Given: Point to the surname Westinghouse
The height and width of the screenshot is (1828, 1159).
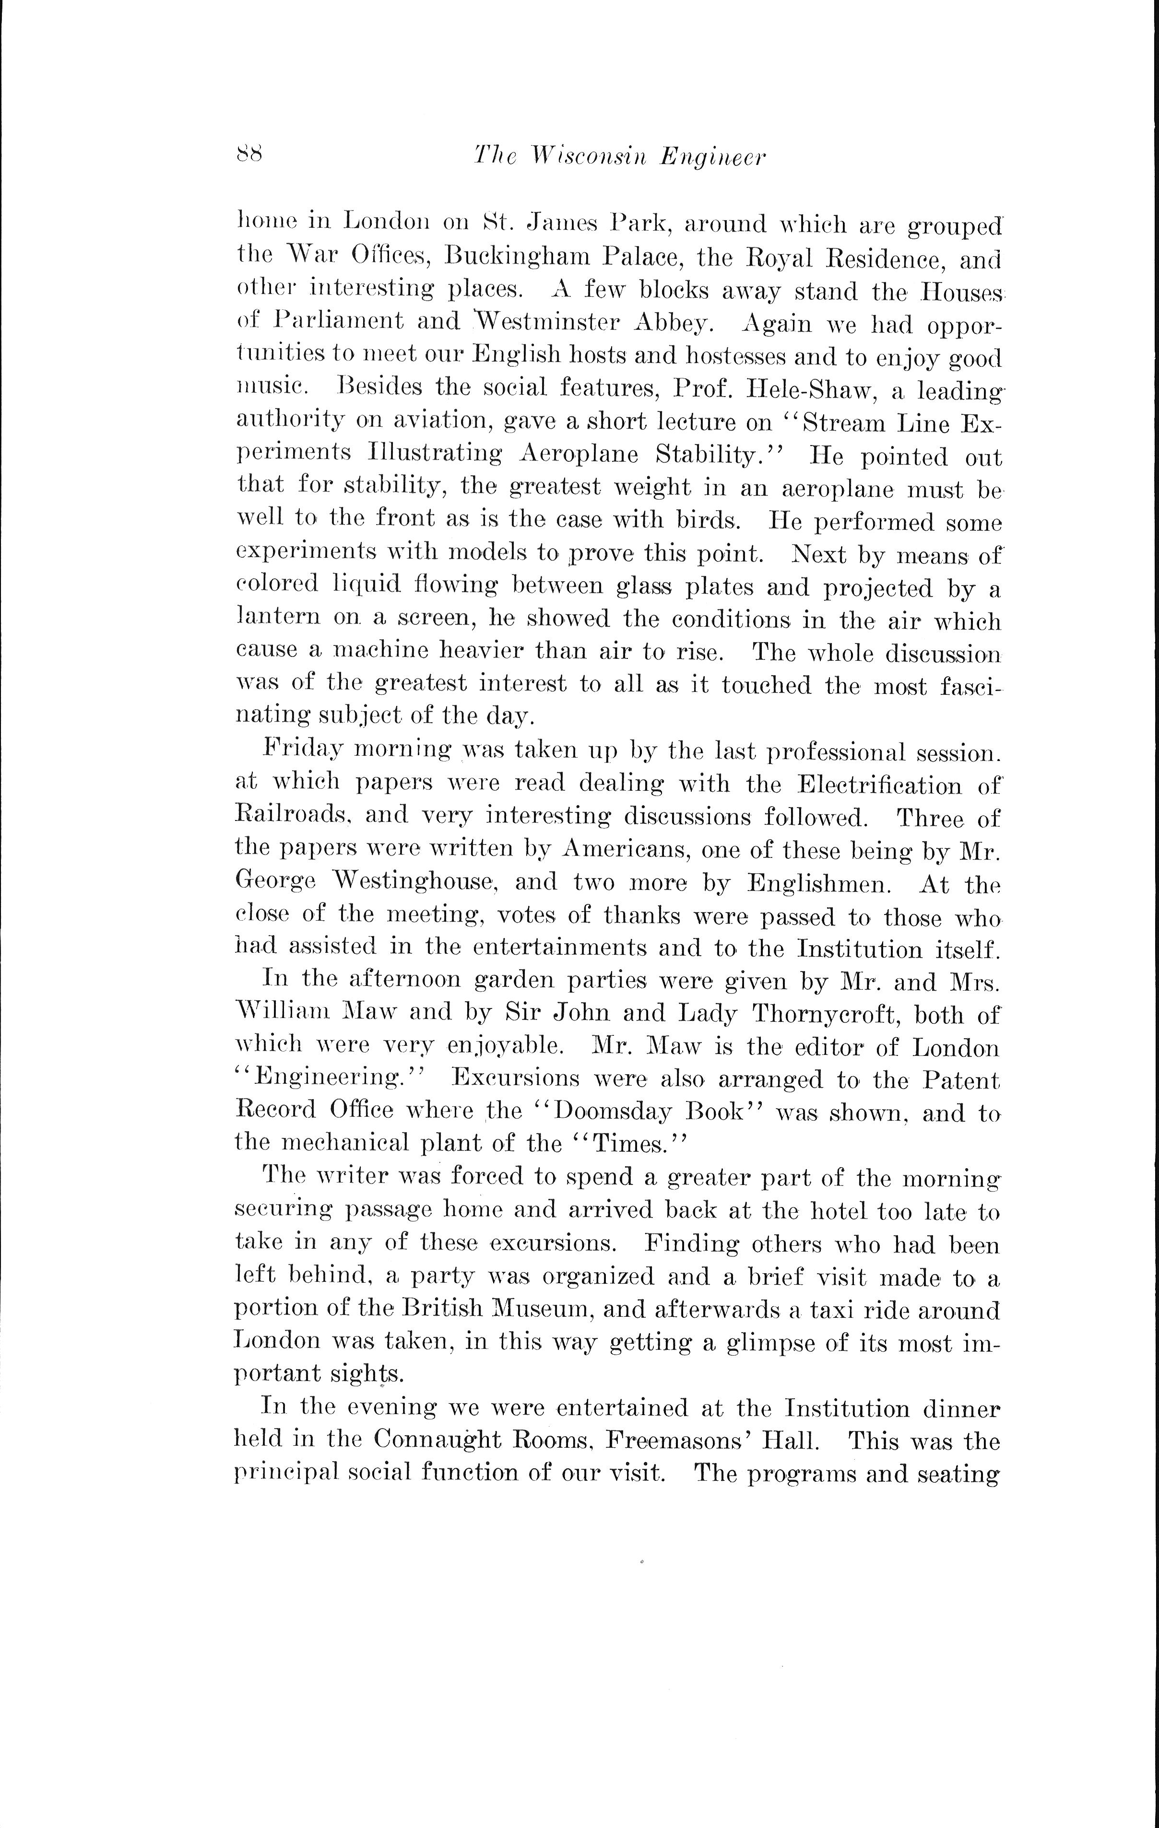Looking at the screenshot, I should click(x=414, y=883).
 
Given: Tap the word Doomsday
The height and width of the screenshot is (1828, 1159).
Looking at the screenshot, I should click(x=611, y=1113).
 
